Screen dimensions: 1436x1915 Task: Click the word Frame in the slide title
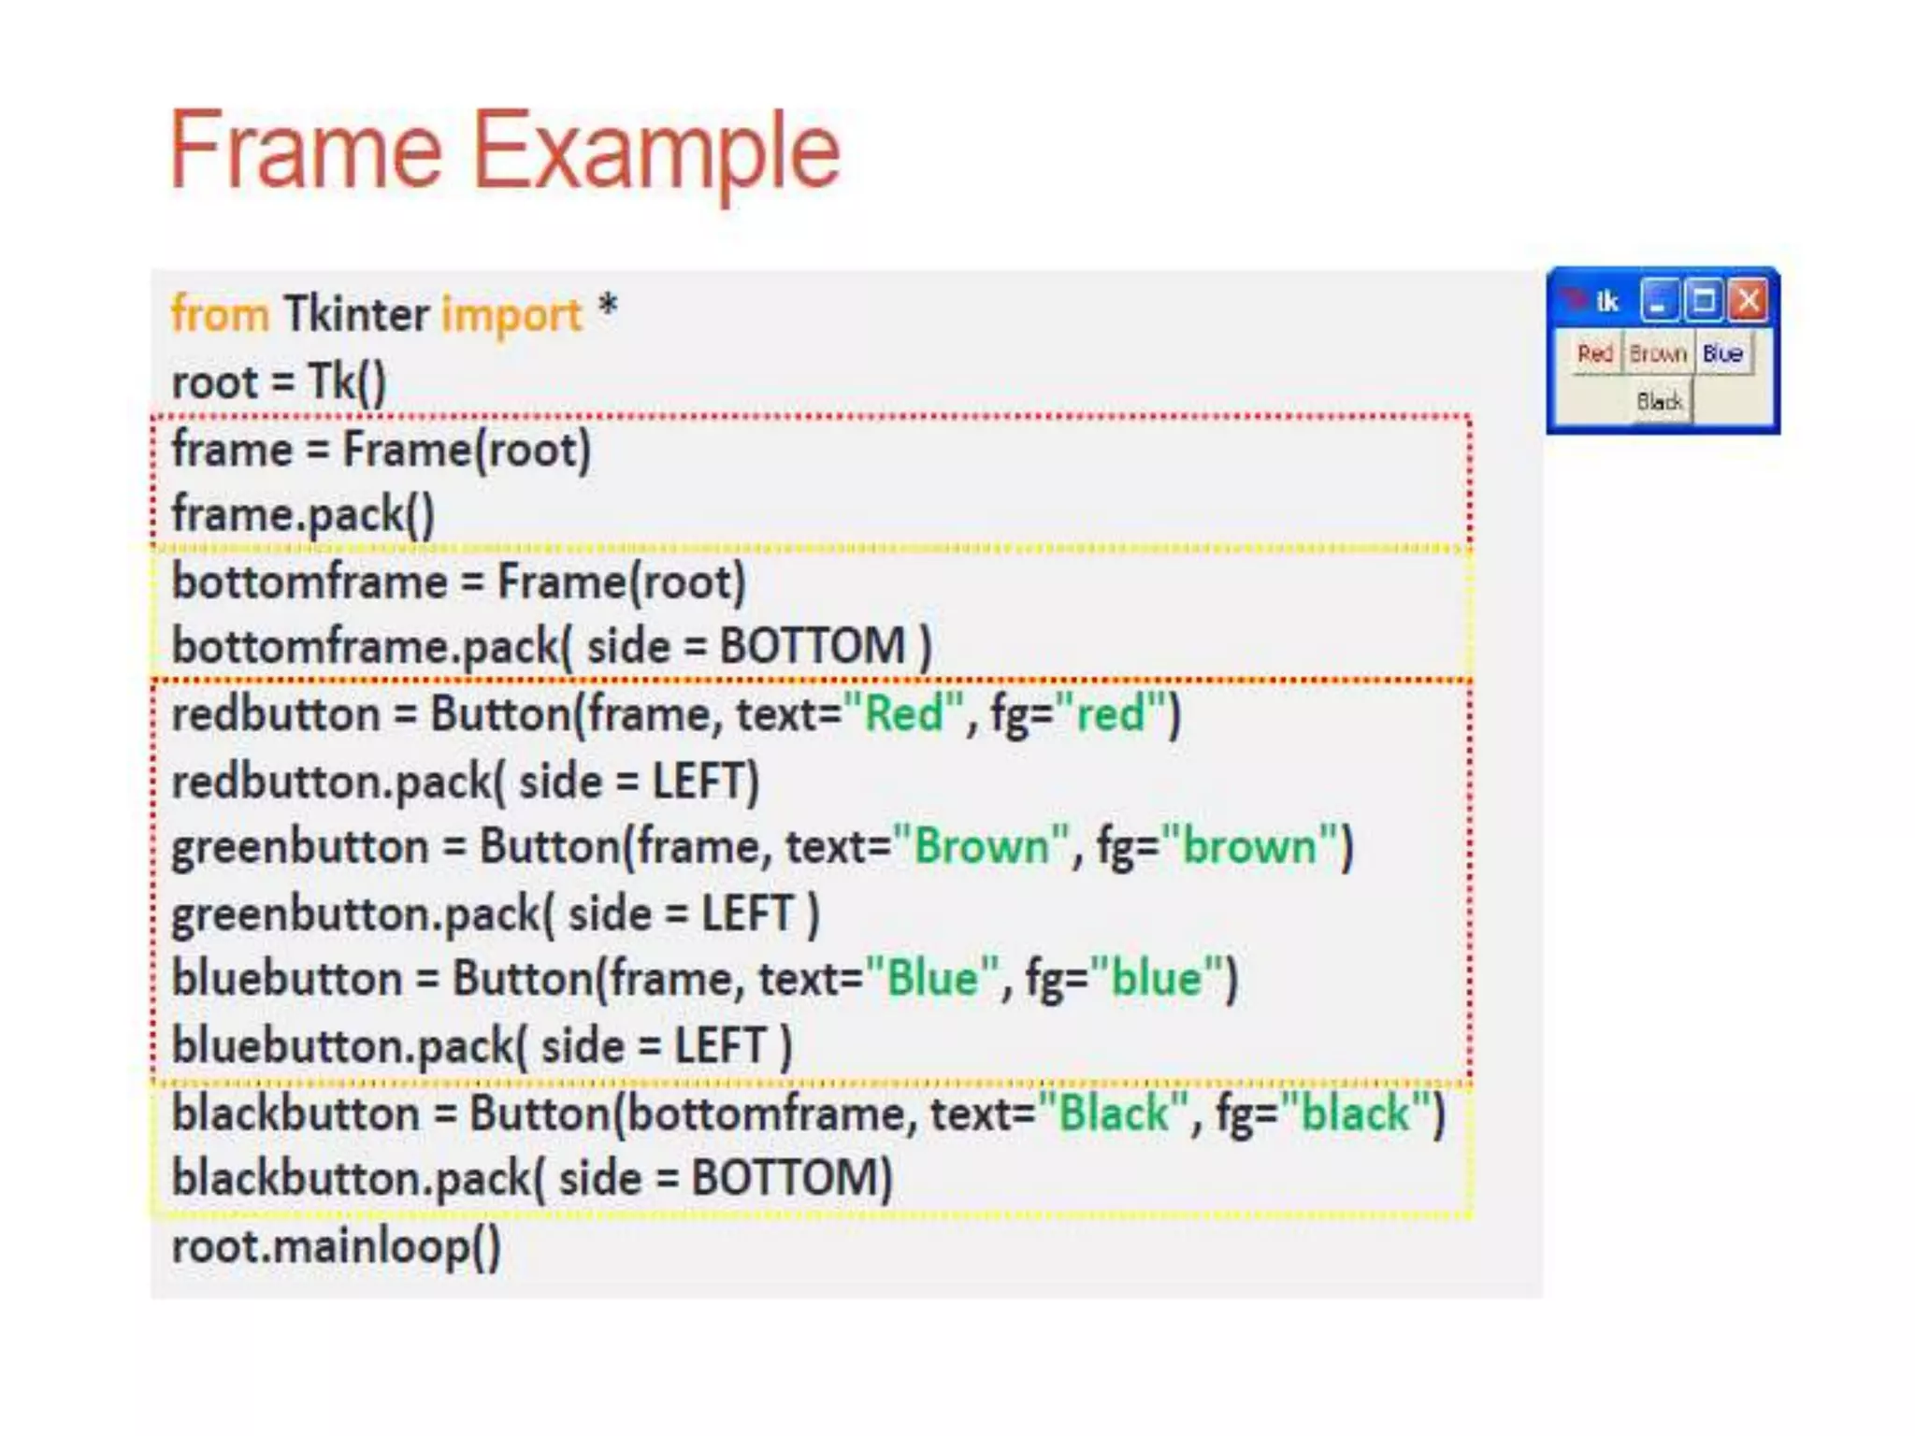pos(305,150)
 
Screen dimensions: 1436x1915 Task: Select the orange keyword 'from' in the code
pos(220,314)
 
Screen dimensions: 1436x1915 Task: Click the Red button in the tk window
pos(1595,353)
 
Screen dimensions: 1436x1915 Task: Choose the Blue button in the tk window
pos(1722,353)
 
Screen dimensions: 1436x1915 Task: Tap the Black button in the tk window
pos(1660,402)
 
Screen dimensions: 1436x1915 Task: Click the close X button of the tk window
pos(1748,301)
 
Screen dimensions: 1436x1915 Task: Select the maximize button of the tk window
pos(1704,301)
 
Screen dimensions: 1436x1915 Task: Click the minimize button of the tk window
pos(1659,301)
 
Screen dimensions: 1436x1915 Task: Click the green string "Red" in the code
pos(903,714)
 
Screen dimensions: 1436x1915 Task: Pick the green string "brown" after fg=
pos(1248,847)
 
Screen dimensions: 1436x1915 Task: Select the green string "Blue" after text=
pos(932,979)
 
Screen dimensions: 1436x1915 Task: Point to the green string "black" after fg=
pos(1356,1113)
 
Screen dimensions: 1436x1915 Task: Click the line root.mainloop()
pos(337,1247)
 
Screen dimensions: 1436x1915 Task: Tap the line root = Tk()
pos(279,381)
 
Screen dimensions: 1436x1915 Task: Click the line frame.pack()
pos(303,514)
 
